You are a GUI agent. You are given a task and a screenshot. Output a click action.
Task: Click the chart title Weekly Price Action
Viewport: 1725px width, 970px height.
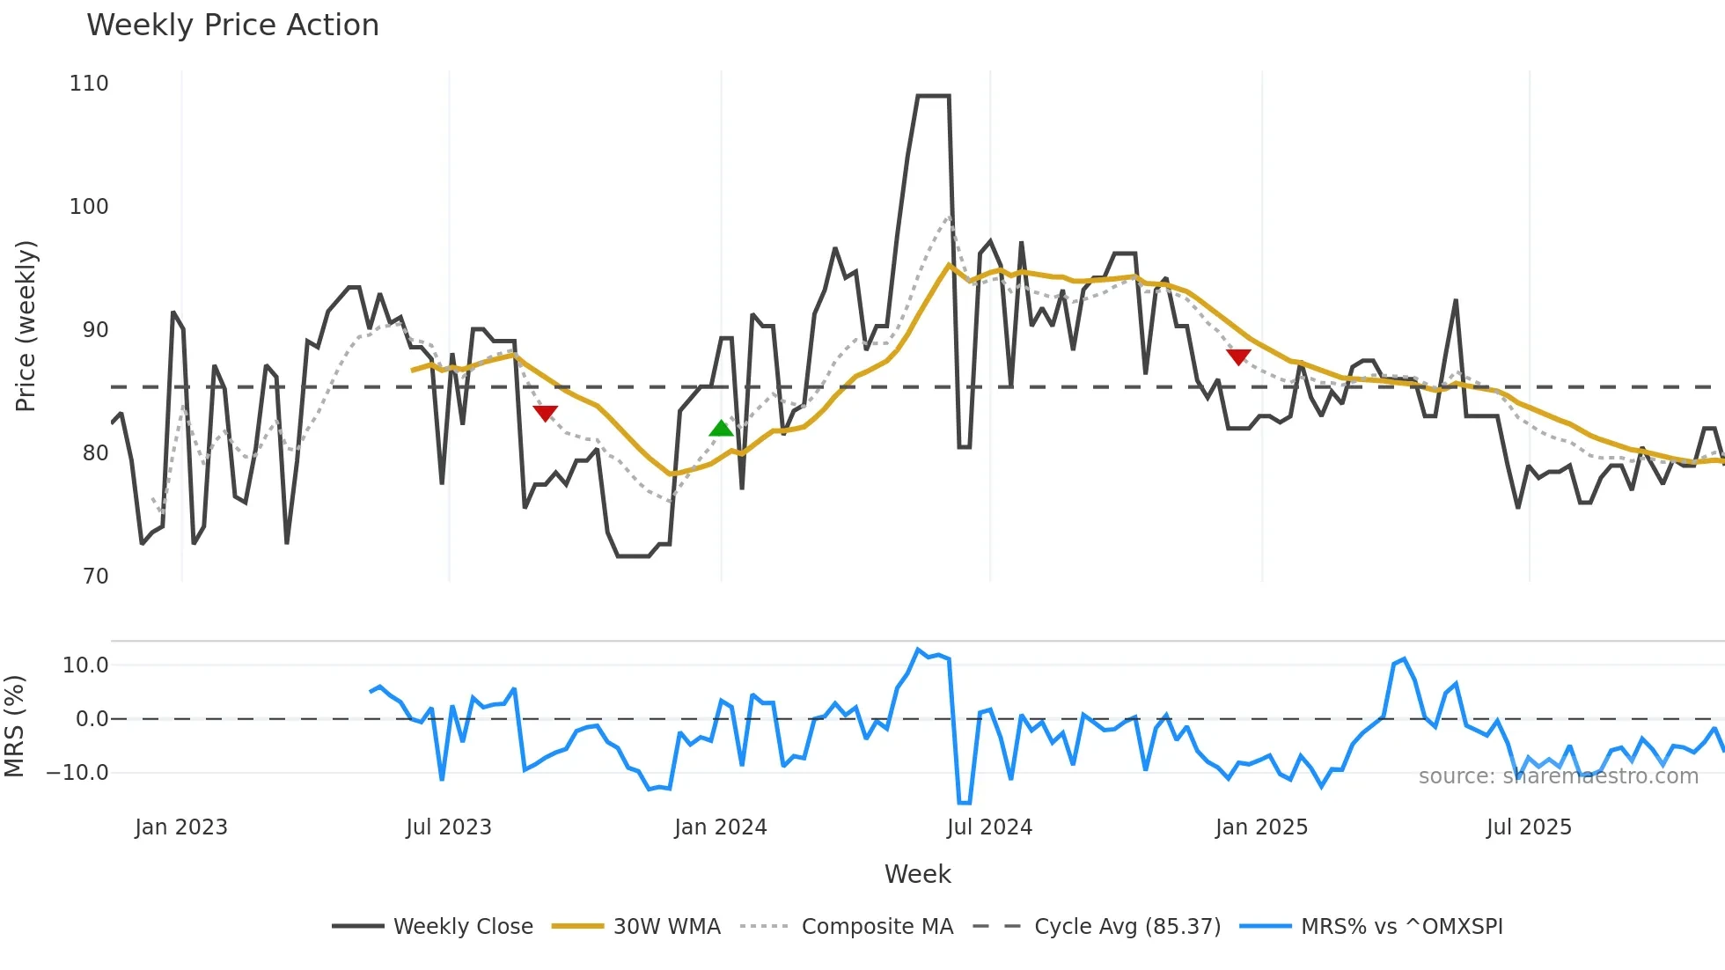pos(232,26)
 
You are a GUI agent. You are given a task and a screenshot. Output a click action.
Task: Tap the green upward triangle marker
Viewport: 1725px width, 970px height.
pos(721,429)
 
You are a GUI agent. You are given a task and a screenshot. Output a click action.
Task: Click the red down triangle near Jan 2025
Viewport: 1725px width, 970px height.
pos(1238,356)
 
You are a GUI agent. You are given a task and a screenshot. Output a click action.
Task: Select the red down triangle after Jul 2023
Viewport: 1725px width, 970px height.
pos(545,413)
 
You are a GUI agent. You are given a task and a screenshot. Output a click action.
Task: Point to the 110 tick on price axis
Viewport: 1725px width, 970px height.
pos(89,84)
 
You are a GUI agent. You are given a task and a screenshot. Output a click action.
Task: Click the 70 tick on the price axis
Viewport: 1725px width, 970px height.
pos(95,577)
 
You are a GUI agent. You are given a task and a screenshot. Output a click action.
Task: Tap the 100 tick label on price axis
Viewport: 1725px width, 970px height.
pos(89,207)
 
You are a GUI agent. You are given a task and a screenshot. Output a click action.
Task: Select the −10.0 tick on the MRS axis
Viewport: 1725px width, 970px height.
pos(77,773)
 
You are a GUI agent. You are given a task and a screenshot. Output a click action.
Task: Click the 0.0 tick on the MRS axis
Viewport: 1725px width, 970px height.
pos(92,719)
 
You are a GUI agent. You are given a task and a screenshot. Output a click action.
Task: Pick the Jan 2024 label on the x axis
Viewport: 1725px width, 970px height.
pos(721,827)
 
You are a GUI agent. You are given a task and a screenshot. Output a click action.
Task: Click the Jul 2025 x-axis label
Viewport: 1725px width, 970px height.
pos(1529,827)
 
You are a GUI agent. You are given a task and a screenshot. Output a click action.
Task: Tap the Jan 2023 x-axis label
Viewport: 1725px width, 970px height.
pos(181,827)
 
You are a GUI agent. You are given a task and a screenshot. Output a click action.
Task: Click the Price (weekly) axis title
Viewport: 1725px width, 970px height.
pos(26,326)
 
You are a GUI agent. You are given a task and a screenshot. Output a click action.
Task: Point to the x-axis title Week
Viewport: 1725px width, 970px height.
pos(917,874)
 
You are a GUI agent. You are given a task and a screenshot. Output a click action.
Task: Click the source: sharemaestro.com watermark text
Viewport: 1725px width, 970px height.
pos(1558,776)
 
